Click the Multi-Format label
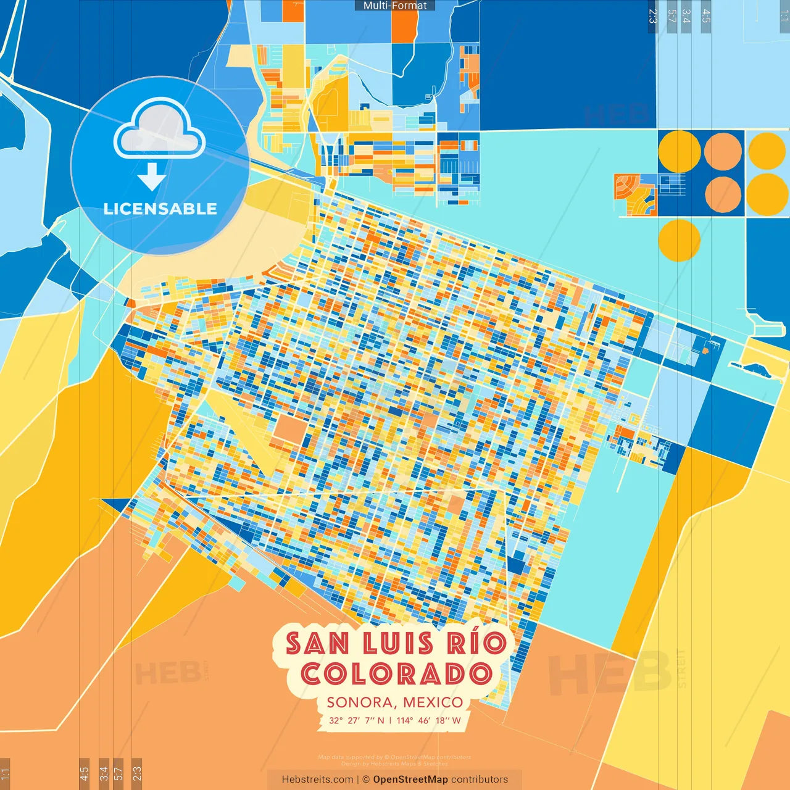pyautogui.click(x=395, y=6)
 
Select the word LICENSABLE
pyautogui.click(x=160, y=209)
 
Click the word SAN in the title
pyautogui.click(x=318, y=643)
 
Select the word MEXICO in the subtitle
pyautogui.click(x=433, y=702)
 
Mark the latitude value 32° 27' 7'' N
pyautogui.click(x=356, y=720)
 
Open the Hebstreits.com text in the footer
pyautogui.click(x=317, y=780)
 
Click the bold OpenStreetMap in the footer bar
pyautogui.click(x=410, y=780)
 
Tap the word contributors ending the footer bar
pyautogui.click(x=480, y=780)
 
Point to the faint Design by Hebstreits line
pyautogui.click(x=395, y=763)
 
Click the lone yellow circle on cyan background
pyautogui.click(x=679, y=241)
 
